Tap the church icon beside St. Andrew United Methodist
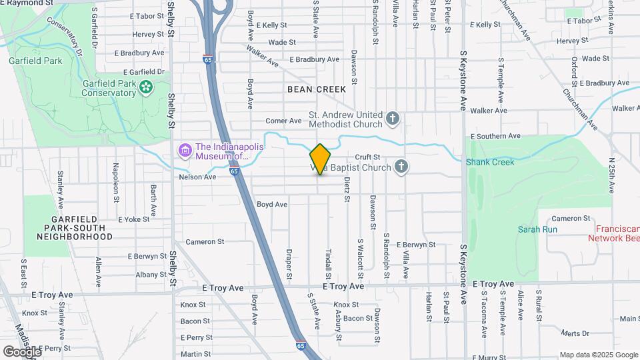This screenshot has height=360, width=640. pos(393,119)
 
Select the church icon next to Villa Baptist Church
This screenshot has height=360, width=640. pos(401,167)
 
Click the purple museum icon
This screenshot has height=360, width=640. pos(185,151)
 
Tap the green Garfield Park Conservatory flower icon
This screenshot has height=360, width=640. pos(146,87)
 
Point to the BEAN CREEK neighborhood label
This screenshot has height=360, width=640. pos(317,89)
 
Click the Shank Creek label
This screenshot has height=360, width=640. pos(490,162)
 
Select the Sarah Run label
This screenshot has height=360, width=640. pos(537,229)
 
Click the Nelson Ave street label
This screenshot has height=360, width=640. pos(197,177)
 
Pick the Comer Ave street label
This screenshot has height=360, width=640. pos(284,121)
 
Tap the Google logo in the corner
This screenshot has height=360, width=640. pos(21,351)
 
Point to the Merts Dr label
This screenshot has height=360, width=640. pos(572,333)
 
